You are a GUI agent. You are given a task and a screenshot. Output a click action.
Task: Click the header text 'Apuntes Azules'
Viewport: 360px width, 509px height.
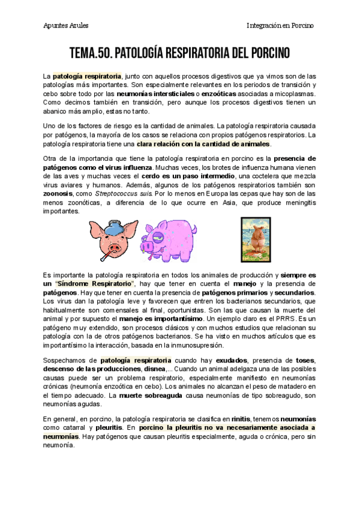pos(66,25)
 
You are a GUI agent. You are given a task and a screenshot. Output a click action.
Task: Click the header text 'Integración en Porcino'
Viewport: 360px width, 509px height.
pos(280,25)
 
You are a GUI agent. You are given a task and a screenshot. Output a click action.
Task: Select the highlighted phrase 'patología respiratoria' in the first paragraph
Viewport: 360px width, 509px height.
pos(87,76)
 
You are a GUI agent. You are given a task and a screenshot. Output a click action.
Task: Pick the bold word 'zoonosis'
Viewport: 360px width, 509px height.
pos(59,194)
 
